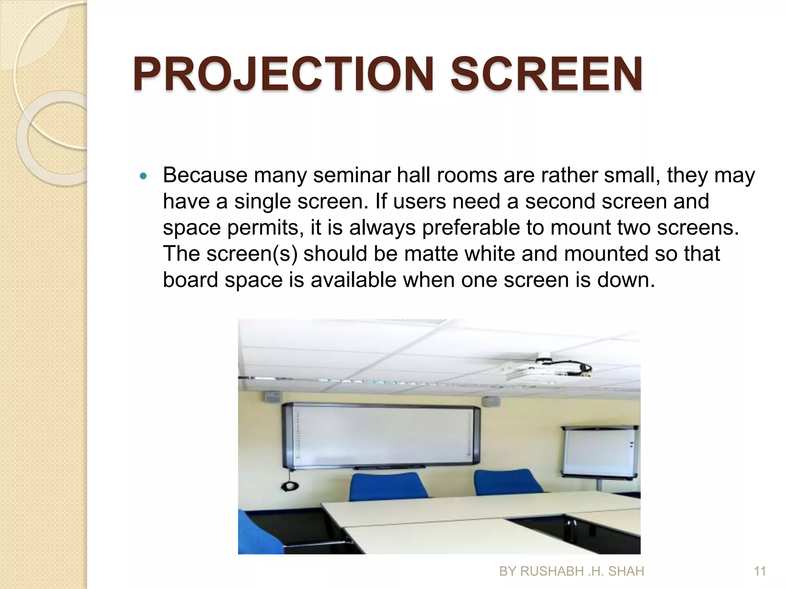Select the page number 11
(760, 571)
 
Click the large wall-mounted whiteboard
(380, 435)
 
